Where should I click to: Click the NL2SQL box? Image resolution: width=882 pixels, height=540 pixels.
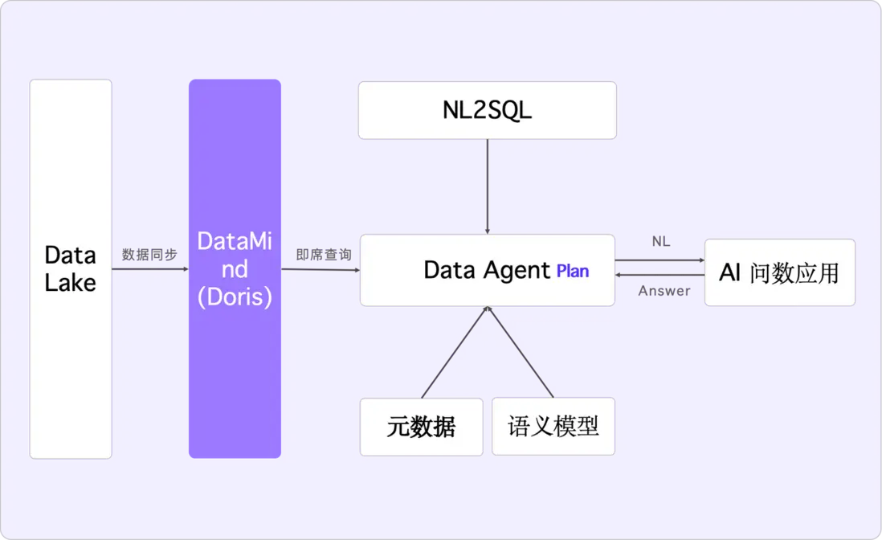(488, 110)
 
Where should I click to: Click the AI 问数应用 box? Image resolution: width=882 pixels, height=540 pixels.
(779, 272)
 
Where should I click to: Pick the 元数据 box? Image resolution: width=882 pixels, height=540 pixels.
(421, 427)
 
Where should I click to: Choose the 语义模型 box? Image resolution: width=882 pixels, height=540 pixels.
(553, 426)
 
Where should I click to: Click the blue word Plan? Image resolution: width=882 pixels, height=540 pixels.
(573, 272)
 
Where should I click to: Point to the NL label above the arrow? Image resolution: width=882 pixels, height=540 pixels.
(661, 242)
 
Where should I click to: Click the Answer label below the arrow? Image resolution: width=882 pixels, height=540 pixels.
(664, 292)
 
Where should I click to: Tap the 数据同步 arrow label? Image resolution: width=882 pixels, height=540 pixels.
(149, 255)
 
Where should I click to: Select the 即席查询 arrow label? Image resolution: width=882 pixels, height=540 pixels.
(323, 255)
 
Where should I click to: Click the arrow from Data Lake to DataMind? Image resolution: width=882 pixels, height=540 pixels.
(150, 269)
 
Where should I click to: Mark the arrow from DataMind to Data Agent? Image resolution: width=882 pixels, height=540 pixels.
(321, 269)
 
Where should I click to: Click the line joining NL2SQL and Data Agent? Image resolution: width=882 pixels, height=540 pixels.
(488, 186)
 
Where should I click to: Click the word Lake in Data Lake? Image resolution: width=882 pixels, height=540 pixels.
(70, 283)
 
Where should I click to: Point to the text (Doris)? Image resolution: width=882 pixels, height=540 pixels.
(235, 297)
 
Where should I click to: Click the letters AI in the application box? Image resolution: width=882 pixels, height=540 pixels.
(730, 272)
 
